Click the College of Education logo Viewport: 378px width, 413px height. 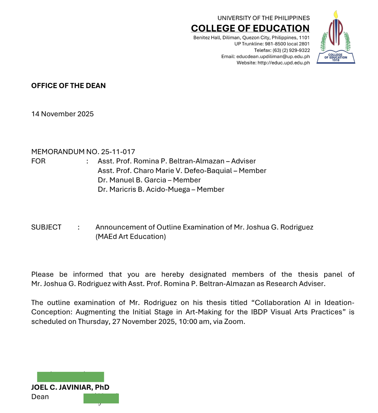[x=336, y=38]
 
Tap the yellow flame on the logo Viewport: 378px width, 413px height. [x=336, y=14]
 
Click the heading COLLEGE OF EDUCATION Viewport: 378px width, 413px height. [x=250, y=28]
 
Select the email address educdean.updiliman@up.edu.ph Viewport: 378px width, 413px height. [x=273, y=56]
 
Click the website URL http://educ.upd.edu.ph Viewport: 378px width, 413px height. [x=283, y=63]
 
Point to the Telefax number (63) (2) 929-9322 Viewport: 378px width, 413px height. [x=291, y=50]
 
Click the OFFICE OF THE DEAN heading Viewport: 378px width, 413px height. [x=69, y=86]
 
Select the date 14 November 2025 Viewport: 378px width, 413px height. [x=62, y=114]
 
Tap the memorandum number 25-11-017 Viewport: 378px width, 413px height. [x=118, y=152]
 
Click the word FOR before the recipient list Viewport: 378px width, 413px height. [x=38, y=161]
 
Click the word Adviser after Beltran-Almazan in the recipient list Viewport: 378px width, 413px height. [x=244, y=161]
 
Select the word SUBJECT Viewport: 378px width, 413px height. [x=46, y=227]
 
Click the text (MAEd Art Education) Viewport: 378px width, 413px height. [x=131, y=237]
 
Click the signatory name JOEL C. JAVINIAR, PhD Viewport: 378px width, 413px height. [x=70, y=387]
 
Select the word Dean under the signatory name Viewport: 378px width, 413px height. [x=40, y=397]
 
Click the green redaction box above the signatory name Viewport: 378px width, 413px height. [x=70, y=377]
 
